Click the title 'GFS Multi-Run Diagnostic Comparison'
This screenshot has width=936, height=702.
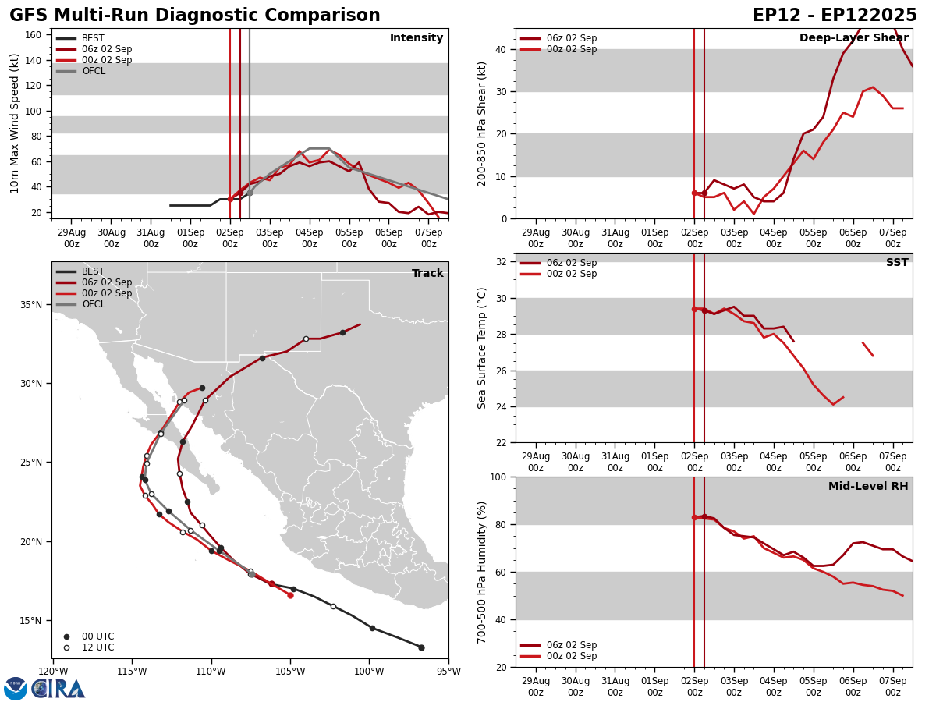click(194, 16)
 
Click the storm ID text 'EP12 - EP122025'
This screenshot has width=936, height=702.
click(835, 16)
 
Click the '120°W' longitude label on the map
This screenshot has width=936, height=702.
click(52, 672)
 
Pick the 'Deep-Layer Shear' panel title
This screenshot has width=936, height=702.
click(853, 38)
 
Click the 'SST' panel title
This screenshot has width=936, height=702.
click(897, 263)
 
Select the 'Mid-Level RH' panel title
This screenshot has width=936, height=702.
click(868, 487)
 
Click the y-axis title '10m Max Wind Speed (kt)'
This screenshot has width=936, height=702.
click(15, 123)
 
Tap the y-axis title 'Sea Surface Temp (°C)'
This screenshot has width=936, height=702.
click(482, 348)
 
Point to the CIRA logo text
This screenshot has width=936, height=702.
click(58, 688)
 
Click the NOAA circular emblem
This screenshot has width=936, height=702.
click(16, 688)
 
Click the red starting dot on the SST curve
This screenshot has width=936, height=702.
click(694, 309)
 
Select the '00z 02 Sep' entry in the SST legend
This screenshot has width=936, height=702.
click(571, 274)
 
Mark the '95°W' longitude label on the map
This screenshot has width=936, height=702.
click(448, 672)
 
